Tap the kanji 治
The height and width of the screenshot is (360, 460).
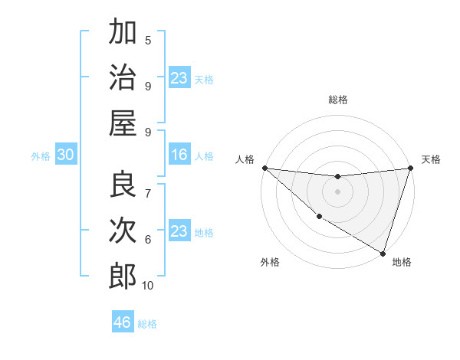[x=123, y=77]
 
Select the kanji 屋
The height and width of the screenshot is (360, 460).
[x=123, y=123]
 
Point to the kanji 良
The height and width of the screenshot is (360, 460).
[x=123, y=184]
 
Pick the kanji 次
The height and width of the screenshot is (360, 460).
[x=123, y=230]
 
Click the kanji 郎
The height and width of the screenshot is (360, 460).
[x=123, y=276]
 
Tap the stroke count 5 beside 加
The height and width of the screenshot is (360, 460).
[x=148, y=40]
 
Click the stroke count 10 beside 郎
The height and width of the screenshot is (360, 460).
[x=148, y=286]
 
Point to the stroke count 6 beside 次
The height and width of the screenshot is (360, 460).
[x=148, y=239]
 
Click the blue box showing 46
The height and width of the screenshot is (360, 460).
[x=123, y=322]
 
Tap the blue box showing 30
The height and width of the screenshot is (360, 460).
[x=66, y=155]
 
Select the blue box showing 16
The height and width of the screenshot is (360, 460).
[x=179, y=155]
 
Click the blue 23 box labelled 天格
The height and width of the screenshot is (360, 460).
[x=179, y=78]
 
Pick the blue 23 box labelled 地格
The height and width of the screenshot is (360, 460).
[x=179, y=231]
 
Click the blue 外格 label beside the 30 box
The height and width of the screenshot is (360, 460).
[x=41, y=156]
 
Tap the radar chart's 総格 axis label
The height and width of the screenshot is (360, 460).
[x=338, y=100]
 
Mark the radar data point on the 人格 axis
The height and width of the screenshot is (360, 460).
[x=264, y=168]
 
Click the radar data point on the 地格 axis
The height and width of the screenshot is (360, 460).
[x=383, y=253]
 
